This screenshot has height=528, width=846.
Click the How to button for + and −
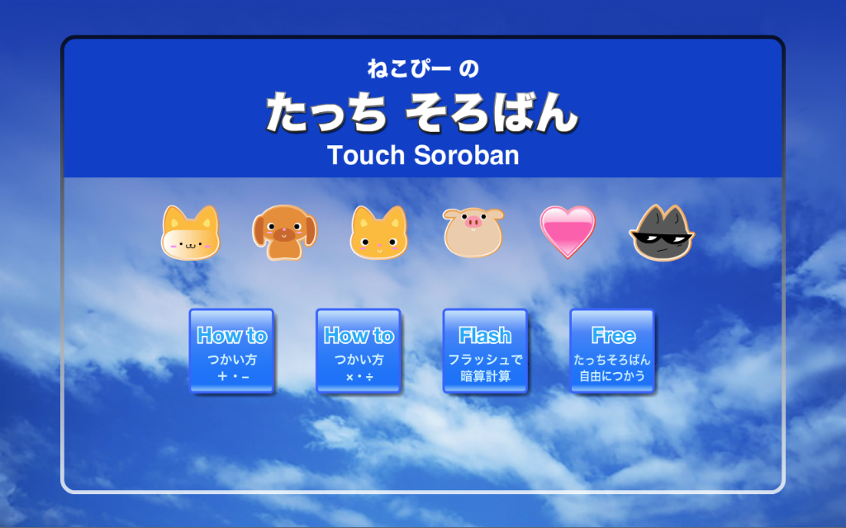pos(231,351)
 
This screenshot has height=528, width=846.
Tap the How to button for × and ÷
pos(359,351)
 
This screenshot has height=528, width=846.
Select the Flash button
pos(485,351)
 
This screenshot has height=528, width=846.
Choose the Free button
pos(612,351)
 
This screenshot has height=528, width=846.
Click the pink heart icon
pos(568,231)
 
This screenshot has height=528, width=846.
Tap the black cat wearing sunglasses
pos(662,233)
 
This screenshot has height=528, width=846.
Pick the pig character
pos(473,232)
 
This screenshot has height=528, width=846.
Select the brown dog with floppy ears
pos(284,232)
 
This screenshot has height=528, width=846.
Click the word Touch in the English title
pos(366,155)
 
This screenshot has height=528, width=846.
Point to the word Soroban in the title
pos(467,155)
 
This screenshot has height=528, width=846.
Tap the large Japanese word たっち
pos(326,112)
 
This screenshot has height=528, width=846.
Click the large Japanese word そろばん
pos(492,112)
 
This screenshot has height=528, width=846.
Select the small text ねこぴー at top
pos(409,68)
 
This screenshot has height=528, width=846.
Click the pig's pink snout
pos(473,221)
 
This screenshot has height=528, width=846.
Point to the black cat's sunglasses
pos(662,237)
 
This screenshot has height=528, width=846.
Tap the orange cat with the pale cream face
pos(191,233)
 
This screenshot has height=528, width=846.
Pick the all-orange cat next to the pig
pos(378,232)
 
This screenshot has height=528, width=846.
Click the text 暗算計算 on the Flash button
pos(485,376)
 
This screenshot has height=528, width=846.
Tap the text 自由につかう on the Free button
pos(612,376)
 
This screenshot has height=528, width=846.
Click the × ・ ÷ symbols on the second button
pos(359,377)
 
